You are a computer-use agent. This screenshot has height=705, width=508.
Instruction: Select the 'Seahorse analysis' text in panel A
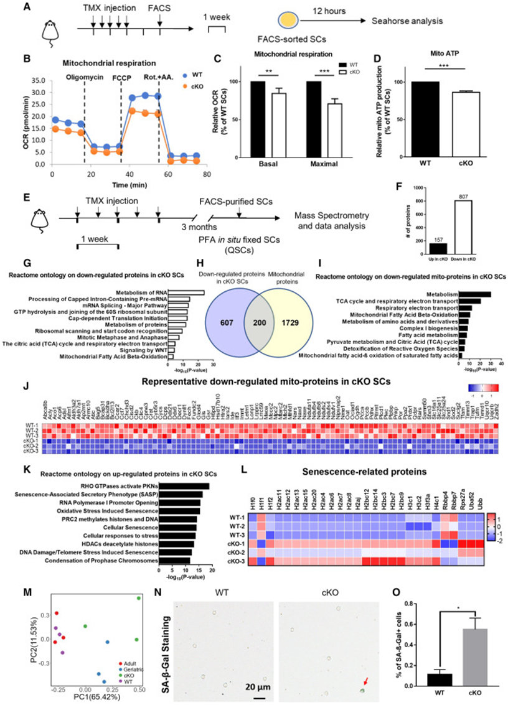click(x=407, y=21)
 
